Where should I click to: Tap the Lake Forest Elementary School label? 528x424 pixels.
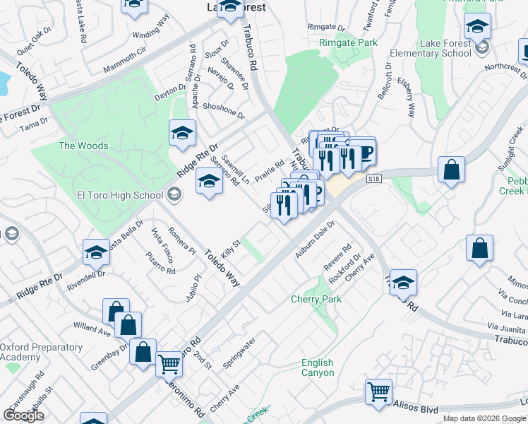pyautogui.click(x=445, y=48)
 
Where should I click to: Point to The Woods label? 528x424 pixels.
pyautogui.click(x=83, y=146)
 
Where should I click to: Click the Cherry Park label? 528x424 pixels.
pyautogui.click(x=316, y=300)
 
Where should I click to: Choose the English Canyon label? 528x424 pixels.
pyautogui.click(x=318, y=367)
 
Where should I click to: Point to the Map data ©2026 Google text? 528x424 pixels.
pyautogui.click(x=485, y=418)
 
